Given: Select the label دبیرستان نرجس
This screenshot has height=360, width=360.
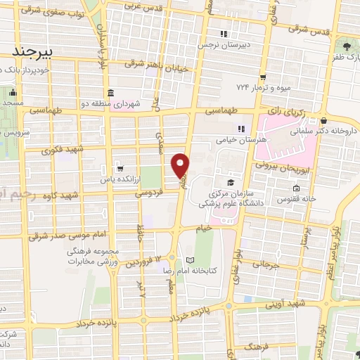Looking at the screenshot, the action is click(x=247, y=42).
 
